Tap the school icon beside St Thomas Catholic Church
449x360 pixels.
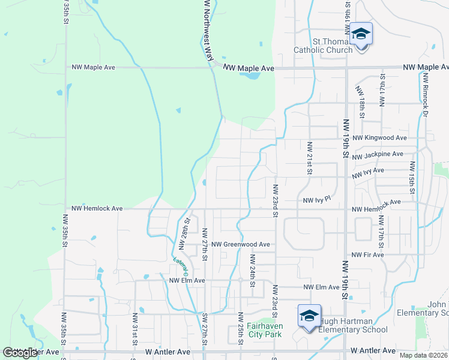[x=361, y=35]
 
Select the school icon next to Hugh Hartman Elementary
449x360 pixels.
[x=309, y=316]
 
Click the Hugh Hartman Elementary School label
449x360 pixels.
[x=353, y=325]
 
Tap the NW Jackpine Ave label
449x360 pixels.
[x=378, y=155]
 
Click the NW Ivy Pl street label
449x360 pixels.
[x=317, y=200]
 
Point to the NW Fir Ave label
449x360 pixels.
[x=367, y=255]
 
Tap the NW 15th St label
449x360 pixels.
[x=412, y=178]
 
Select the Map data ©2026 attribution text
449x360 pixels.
[x=423, y=355]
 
